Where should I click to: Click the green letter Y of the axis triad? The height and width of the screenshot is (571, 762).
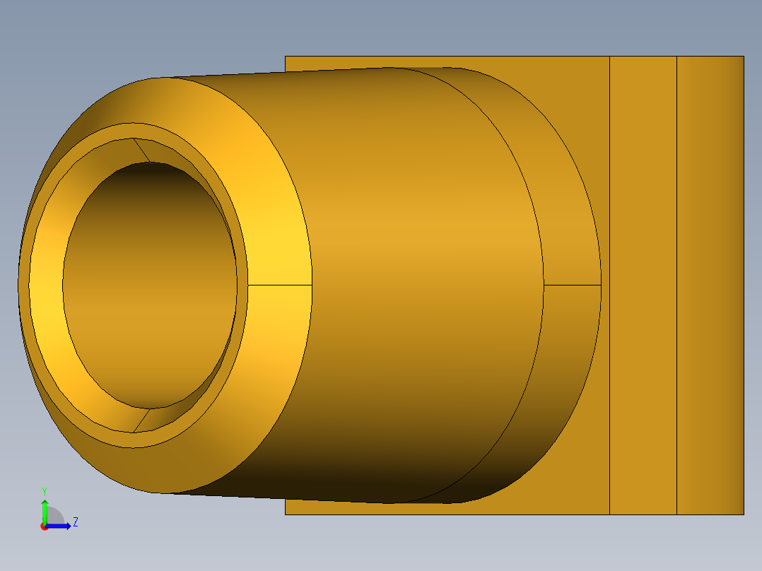[44, 490]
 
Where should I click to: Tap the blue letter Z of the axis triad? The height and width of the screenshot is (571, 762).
[75, 522]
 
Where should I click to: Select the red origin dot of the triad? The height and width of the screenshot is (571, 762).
[44, 526]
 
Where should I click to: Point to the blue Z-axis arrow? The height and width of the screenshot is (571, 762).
[59, 525]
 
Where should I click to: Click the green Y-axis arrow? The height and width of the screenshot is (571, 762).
[45, 510]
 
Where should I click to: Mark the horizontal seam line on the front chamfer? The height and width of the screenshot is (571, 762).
[279, 285]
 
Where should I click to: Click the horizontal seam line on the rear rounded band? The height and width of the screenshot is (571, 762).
[573, 285]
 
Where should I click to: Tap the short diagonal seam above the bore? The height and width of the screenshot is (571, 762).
[141, 150]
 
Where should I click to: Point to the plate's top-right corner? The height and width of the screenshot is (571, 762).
[743, 57]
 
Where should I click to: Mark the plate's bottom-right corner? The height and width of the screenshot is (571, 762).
[743, 514]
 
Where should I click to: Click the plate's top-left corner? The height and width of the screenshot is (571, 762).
[286, 57]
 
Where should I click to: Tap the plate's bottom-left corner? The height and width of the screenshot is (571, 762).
[286, 514]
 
